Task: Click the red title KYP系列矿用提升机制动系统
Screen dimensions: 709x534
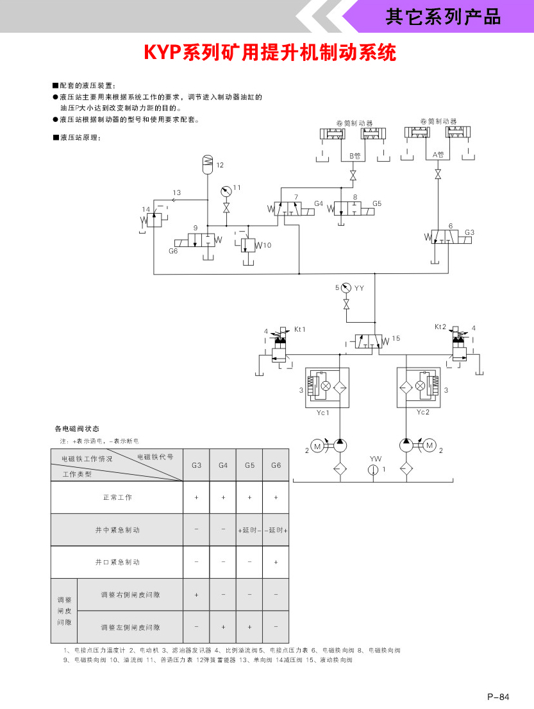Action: click(270, 52)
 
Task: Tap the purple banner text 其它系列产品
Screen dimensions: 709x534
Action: click(443, 17)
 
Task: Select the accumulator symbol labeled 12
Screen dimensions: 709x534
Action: click(206, 163)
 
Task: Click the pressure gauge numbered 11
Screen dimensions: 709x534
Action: click(226, 191)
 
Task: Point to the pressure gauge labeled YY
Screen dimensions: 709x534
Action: click(347, 288)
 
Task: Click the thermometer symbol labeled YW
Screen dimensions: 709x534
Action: click(375, 470)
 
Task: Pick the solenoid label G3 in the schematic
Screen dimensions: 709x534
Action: click(470, 232)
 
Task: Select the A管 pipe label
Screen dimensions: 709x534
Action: click(438, 155)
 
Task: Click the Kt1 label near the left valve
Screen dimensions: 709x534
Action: click(300, 329)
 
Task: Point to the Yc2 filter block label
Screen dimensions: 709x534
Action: click(423, 412)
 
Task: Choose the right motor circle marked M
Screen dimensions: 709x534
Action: click(430, 445)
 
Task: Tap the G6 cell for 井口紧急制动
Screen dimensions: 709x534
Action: click(276, 562)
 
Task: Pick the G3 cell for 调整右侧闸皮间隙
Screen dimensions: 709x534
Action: click(197, 595)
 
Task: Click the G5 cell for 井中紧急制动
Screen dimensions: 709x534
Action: click(249, 530)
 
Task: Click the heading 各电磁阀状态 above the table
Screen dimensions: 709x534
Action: click(77, 429)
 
